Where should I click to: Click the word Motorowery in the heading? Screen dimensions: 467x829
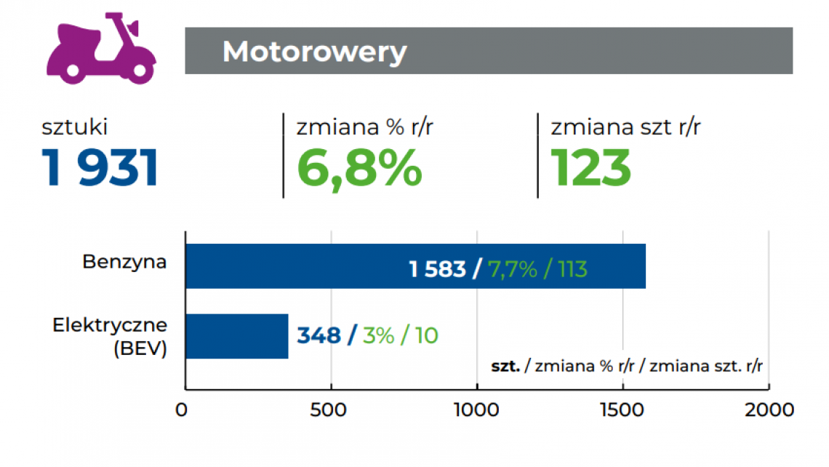pyautogui.click(x=314, y=52)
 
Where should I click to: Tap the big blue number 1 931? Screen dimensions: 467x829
pyautogui.click(x=100, y=168)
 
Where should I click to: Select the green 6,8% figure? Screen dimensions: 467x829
pyautogui.click(x=359, y=168)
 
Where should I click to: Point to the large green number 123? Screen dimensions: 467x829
pyautogui.click(x=590, y=168)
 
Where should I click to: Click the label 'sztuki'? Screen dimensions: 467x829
pyautogui.click(x=75, y=127)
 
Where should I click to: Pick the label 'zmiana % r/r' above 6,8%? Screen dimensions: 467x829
pyautogui.click(x=365, y=127)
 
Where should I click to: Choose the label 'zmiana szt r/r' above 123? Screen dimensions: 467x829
pyautogui.click(x=625, y=127)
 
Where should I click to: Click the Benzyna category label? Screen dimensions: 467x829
pyautogui.click(x=124, y=262)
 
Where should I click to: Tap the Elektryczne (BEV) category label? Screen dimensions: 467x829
pyautogui.click(x=110, y=336)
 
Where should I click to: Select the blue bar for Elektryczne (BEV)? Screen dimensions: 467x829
pyautogui.click(x=237, y=336)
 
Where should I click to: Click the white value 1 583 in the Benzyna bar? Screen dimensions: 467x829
pyautogui.click(x=437, y=270)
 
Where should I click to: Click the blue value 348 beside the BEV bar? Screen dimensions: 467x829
pyautogui.click(x=319, y=335)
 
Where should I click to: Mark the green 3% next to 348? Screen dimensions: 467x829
pyautogui.click(x=377, y=335)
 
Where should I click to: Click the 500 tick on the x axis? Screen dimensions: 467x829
pyautogui.click(x=332, y=410)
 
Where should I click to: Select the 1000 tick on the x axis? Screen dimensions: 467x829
pyautogui.click(x=476, y=410)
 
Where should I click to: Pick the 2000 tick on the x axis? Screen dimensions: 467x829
pyautogui.click(x=769, y=410)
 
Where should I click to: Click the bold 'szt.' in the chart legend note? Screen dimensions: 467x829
pyautogui.click(x=505, y=366)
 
